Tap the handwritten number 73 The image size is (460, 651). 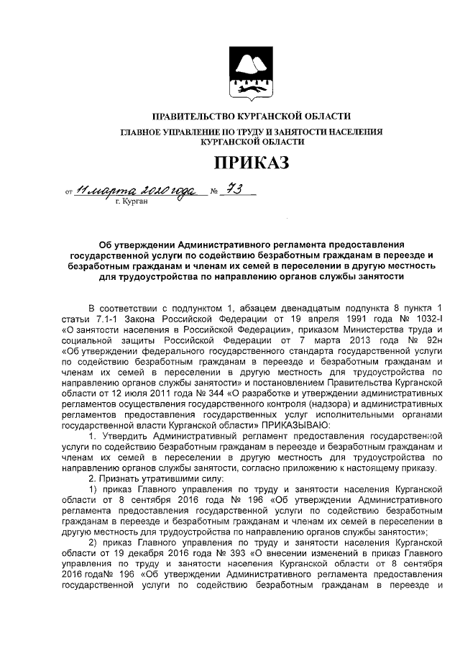coord(229,189)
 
